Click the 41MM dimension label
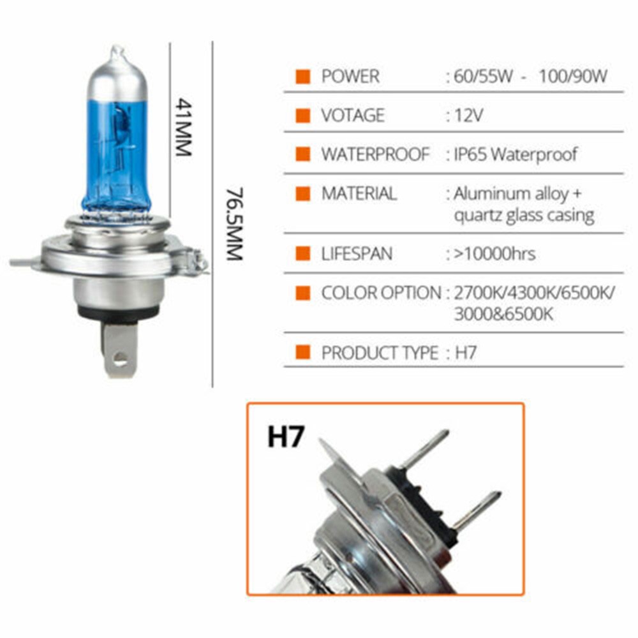tap(183, 127)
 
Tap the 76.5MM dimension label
tap(234, 224)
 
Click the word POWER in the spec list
tap(350, 77)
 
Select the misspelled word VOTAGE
tap(353, 115)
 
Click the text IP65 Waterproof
tap(516, 154)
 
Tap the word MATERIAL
tap(359, 194)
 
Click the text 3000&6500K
tap(504, 314)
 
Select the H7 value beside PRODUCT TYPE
tap(465, 353)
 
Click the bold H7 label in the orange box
tap(286, 437)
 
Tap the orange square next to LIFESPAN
tap(303, 253)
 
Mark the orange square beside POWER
tap(303, 77)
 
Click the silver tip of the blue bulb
tap(117, 52)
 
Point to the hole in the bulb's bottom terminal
tap(120, 359)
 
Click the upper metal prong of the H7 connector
tap(424, 449)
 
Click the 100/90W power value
tap(573, 77)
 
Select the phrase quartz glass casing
tap(524, 216)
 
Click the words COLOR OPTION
tap(382, 293)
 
